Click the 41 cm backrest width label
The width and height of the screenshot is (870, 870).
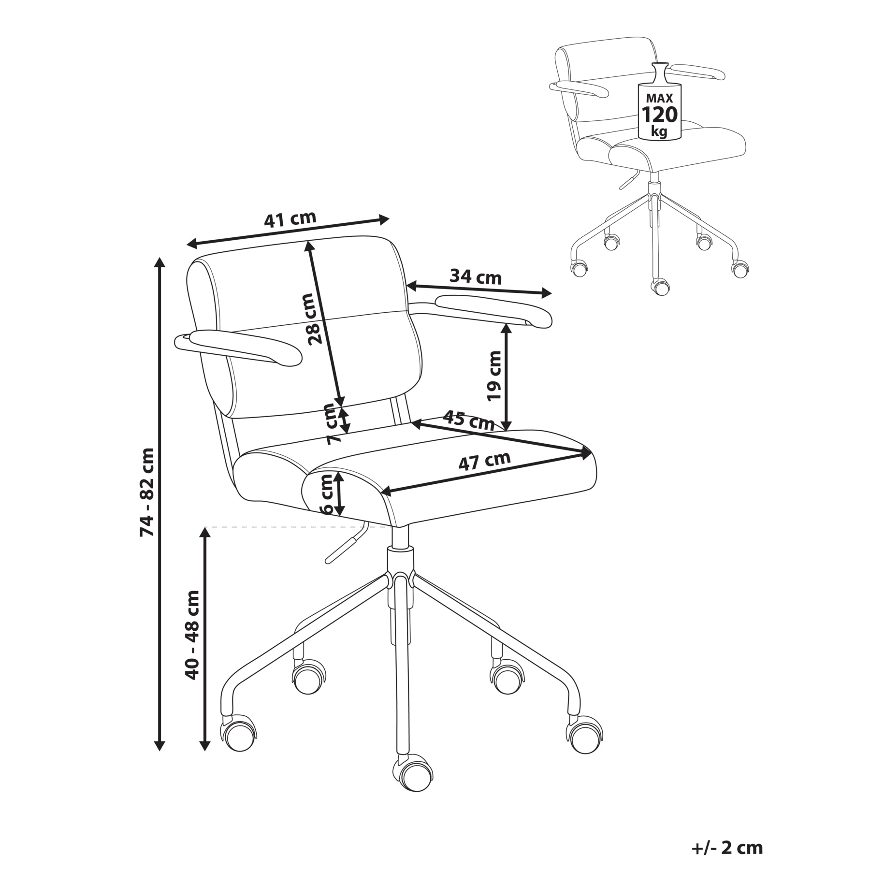pos(290,219)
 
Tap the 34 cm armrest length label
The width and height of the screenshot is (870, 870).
pos(476,277)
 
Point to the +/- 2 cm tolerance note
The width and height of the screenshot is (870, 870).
pos(727,821)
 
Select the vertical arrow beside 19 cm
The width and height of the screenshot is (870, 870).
pos(507,377)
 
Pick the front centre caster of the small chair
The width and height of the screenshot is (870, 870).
pos(660,287)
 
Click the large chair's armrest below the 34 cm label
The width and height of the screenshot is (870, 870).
pos(493,310)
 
